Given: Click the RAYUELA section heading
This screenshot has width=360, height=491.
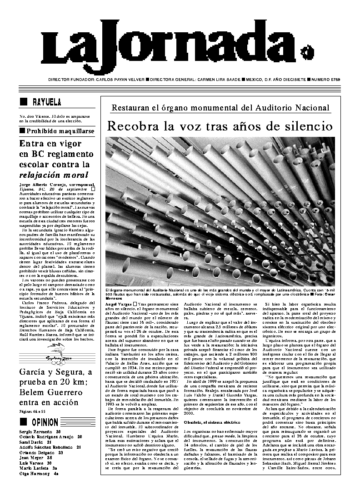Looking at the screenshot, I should coord(47,102).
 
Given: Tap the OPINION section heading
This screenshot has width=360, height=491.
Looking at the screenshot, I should coord(45,422).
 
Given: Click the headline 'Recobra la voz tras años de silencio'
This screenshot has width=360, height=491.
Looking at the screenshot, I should coord(220,126).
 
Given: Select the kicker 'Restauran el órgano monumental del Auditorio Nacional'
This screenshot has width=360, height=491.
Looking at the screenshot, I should coord(220,108).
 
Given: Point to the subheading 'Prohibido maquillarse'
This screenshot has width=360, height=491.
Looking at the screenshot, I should coord(60,131).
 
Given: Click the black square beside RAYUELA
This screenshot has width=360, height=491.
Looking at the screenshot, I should coord(24,102).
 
